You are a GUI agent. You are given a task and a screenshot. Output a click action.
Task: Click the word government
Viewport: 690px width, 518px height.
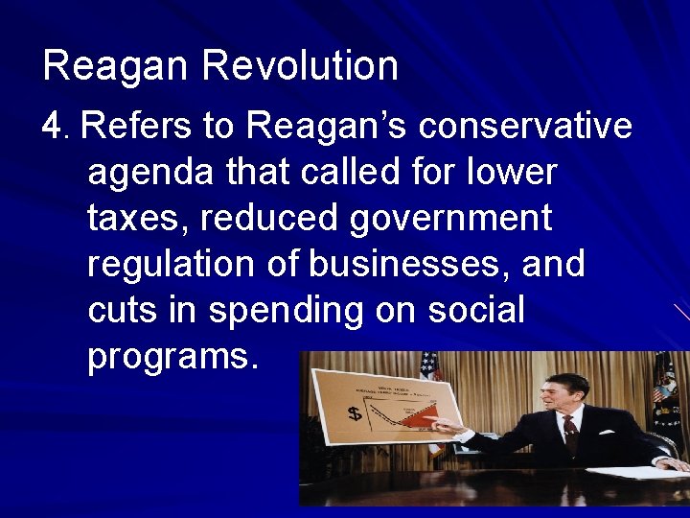(450, 220)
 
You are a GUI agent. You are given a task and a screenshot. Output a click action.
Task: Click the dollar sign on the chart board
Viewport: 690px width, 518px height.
(355, 413)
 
